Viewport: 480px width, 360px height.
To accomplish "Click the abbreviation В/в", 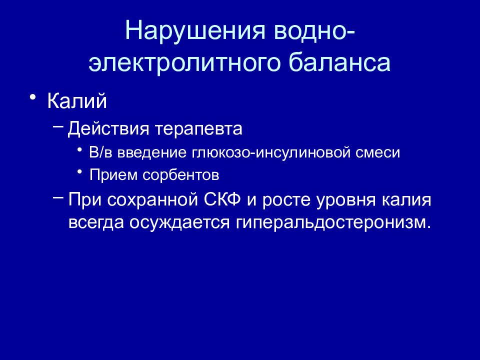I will pyautogui.click(x=101, y=152).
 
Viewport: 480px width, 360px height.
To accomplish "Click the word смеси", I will pyautogui.click(x=383, y=152).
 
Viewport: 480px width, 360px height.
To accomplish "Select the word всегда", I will pyautogui.click(x=95, y=222).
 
